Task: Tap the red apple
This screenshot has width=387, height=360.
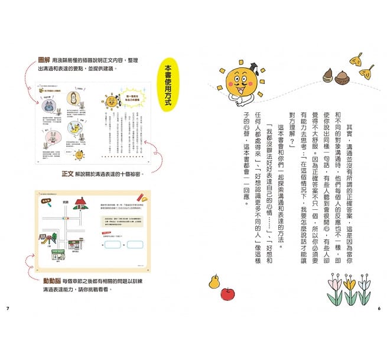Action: [x=227, y=294]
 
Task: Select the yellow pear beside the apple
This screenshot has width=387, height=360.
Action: [x=214, y=281]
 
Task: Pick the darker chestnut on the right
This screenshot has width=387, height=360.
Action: [x=342, y=77]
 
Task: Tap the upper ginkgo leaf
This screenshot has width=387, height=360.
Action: [x=357, y=59]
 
